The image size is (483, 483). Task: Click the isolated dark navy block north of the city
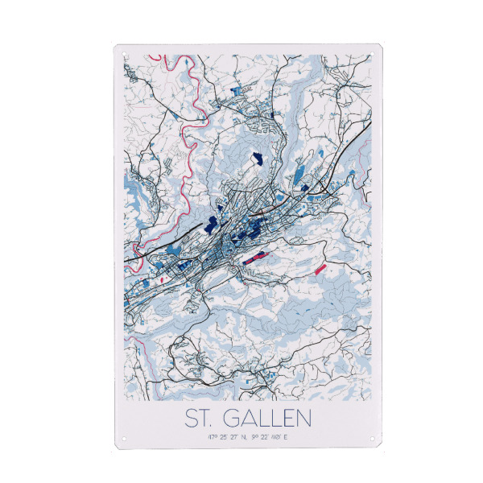tap(258, 159)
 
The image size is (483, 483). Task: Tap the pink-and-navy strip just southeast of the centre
tap(258, 256)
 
